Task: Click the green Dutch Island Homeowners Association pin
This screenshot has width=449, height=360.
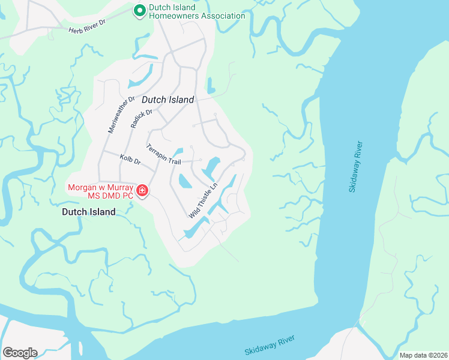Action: pos(139,11)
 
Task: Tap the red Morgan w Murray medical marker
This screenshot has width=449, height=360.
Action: pos(142,191)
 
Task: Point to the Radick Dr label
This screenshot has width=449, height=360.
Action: pos(141,119)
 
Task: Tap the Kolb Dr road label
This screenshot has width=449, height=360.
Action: pos(130,161)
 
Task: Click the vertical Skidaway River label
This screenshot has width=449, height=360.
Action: pos(356,166)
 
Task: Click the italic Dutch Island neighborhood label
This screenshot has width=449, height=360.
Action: pos(168,100)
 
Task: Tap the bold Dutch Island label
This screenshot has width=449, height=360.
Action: pos(89,212)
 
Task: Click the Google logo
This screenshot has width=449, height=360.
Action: pos(19,352)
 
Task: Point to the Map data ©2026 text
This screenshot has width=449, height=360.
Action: pos(423,355)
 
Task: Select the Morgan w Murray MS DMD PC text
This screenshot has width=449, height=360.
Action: pos(101,191)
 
